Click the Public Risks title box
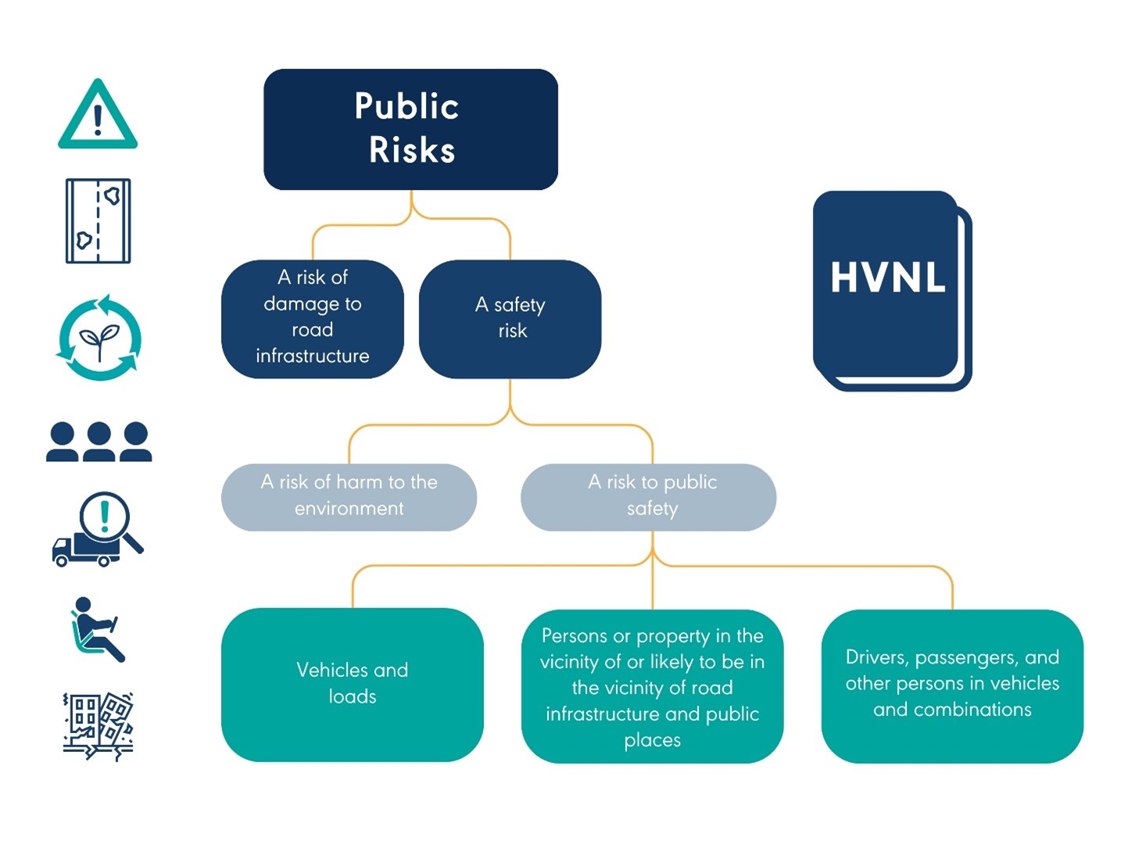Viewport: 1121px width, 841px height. coord(410,129)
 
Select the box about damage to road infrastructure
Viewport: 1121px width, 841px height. coord(312,318)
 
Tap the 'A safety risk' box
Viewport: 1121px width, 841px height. coord(510,318)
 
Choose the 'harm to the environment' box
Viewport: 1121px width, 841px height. coord(349,496)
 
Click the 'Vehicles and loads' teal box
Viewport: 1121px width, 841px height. coord(352,684)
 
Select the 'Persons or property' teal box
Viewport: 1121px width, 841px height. coord(652,686)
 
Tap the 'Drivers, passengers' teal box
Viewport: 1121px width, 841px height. coord(952,685)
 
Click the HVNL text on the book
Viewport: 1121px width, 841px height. coord(888,277)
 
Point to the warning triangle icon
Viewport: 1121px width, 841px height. coord(98,117)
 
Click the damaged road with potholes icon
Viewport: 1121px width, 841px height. coord(98,220)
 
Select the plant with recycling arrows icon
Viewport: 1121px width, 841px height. coord(99,338)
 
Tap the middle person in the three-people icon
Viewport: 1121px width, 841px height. coord(98,442)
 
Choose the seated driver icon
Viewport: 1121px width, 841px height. coord(97,629)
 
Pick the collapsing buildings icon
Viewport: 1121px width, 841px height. coord(98,726)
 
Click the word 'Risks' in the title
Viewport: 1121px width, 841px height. coord(412,150)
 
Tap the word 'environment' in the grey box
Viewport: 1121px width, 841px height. coord(349,509)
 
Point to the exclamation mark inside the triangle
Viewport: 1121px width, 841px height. coord(98,120)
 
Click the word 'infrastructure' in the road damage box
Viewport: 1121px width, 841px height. coord(312,356)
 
